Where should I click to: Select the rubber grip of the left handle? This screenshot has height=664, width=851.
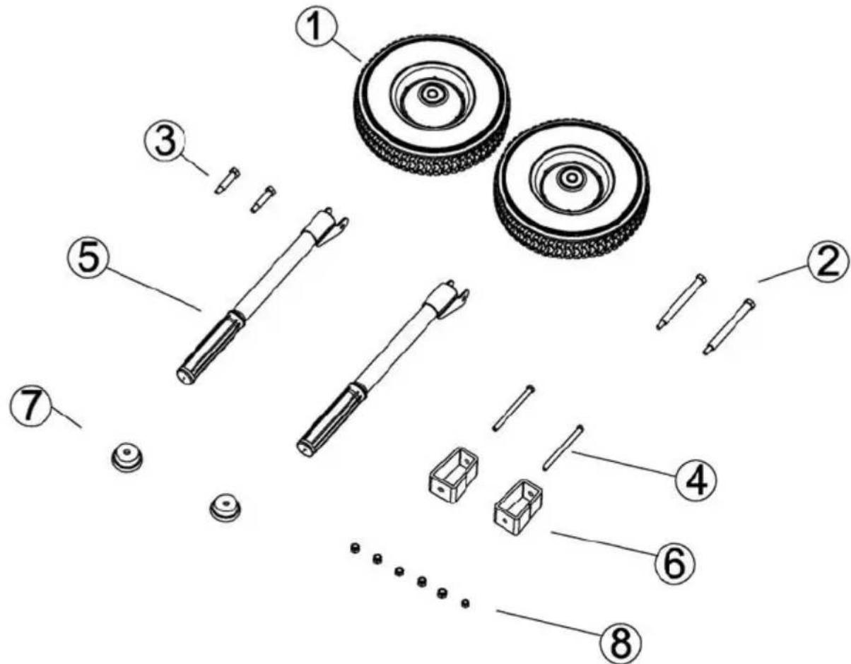(209, 348)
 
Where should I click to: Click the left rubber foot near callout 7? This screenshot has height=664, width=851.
(127, 458)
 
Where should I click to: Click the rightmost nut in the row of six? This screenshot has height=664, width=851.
(465, 603)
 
